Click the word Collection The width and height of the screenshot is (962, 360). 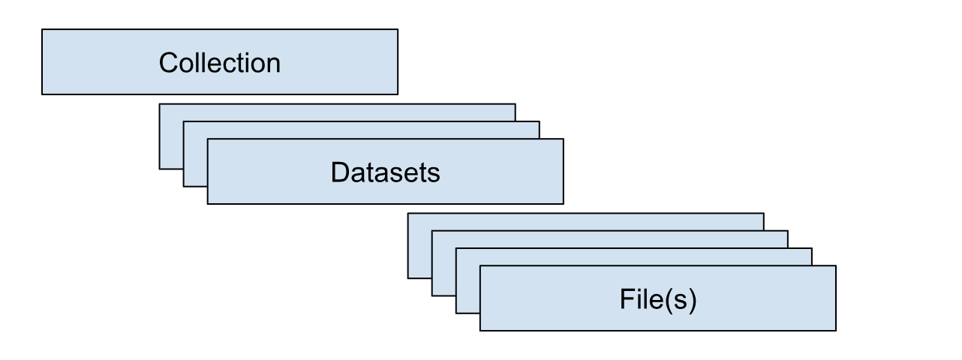point(219,62)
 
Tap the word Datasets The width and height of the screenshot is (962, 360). point(385,172)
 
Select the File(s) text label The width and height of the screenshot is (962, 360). point(658,298)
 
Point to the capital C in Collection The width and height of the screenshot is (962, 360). point(167,62)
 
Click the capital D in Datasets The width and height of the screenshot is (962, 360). point(338,172)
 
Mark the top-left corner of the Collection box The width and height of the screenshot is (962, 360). point(42,30)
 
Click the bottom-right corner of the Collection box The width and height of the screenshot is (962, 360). point(398,94)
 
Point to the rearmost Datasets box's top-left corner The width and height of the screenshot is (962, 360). point(160,104)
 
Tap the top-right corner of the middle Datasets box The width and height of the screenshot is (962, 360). point(540,121)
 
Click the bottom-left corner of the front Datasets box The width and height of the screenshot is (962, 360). point(208,203)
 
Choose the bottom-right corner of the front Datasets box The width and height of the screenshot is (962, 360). point(564,203)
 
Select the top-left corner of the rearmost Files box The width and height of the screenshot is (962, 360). point(408,214)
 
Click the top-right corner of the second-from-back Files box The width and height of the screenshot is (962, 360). point(788,231)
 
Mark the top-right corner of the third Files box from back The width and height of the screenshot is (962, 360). point(812,248)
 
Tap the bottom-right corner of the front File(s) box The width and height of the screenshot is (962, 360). point(836,330)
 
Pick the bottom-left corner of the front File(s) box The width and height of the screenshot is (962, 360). point(480,330)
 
